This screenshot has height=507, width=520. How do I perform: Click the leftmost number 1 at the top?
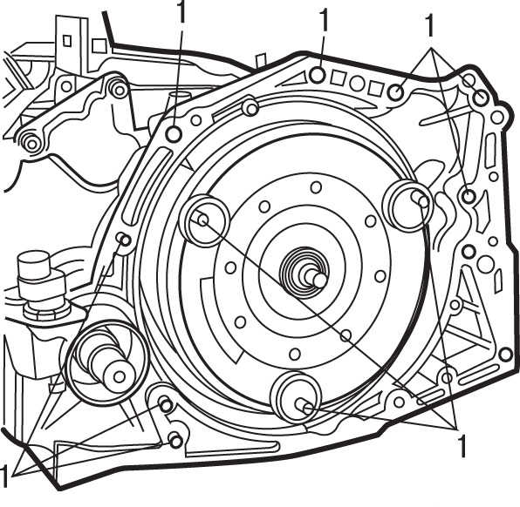pyautogui.click(x=181, y=11)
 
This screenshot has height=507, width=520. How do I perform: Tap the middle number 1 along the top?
pyautogui.click(x=324, y=19)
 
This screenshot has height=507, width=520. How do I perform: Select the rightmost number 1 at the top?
pyautogui.click(x=430, y=25)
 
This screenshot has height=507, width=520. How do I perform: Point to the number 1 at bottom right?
pyautogui.click(x=462, y=446)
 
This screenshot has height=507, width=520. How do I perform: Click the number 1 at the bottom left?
pyautogui.click(x=3, y=476)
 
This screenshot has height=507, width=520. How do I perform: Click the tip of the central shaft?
pyautogui.click(x=319, y=281)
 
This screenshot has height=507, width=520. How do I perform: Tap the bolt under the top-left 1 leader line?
pyautogui.click(x=174, y=134)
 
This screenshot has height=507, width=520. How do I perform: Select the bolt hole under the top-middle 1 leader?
pyautogui.click(x=318, y=75)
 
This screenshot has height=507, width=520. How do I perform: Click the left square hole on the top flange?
pyautogui.click(x=339, y=78)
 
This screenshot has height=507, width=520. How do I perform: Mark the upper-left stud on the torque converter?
pyautogui.click(x=202, y=220)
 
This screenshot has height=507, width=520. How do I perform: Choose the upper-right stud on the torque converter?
pyautogui.click(x=423, y=201)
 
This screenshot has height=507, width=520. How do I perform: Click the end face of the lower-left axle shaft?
pyautogui.click(x=119, y=376)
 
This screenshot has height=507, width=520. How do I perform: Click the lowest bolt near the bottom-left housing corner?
pyautogui.click(x=175, y=441)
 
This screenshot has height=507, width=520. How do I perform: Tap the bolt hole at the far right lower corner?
pyautogui.click(x=505, y=355)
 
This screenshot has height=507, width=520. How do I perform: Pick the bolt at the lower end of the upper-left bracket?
pyautogui.click(x=31, y=144)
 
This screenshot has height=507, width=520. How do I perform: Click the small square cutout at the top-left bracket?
pyautogui.click(x=67, y=40)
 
